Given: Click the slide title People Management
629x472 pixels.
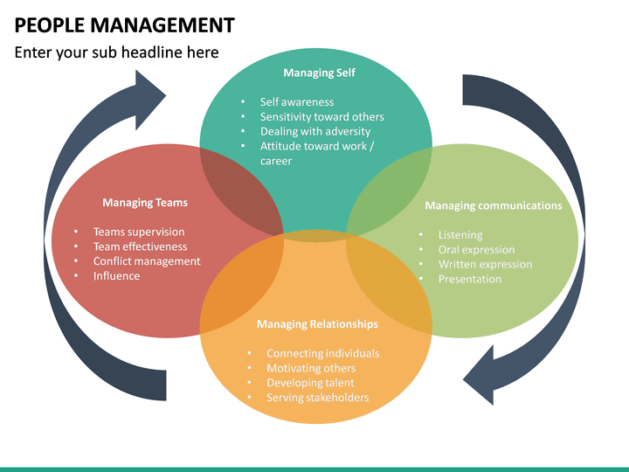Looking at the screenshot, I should [124, 24].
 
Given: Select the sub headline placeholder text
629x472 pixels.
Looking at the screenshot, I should [116, 52].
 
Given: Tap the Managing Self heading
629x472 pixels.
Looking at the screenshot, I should [319, 73].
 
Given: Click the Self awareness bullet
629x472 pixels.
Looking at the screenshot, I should [296, 102].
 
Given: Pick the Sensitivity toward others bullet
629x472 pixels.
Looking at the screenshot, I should [321, 117].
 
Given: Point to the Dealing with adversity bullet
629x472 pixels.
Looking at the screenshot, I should [314, 132].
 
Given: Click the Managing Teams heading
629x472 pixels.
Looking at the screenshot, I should [145, 203].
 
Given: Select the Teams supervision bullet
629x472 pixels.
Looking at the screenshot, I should [139, 233].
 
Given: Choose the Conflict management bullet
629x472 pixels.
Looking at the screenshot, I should [147, 261].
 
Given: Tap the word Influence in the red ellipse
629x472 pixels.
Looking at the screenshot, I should [116, 276].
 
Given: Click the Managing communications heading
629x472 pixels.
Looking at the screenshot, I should [494, 206].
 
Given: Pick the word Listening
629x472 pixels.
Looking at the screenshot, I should [460, 235].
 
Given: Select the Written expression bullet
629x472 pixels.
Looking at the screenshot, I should [485, 265].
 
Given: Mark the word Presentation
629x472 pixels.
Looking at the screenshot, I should [470, 280].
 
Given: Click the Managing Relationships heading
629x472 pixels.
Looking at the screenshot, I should [317, 324].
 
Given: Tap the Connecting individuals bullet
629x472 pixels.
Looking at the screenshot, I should [322, 354].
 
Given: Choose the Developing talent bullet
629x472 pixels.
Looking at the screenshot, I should [310, 383].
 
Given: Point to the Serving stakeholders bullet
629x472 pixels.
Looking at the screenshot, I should [317, 398].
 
